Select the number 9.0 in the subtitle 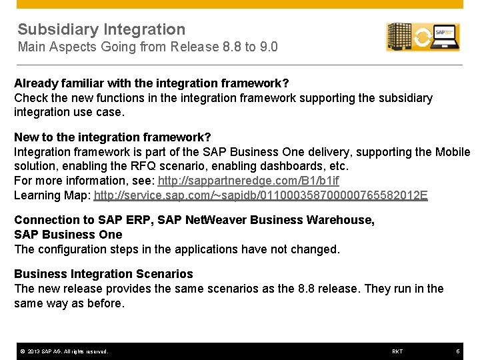[269, 47]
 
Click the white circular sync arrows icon [422, 37]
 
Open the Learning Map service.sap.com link [261, 195]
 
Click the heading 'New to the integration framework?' [113, 137]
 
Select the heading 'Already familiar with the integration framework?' [151, 83]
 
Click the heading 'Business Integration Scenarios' [103, 274]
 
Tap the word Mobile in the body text [453, 152]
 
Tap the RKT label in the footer [397, 351]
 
